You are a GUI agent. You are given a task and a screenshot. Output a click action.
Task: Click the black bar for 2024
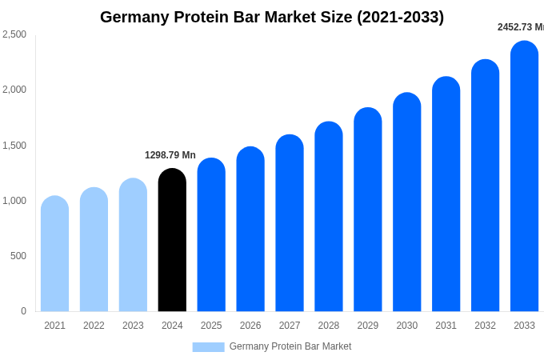(172, 240)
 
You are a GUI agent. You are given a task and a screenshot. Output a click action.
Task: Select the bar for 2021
(54, 254)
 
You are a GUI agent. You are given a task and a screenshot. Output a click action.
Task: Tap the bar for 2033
(524, 176)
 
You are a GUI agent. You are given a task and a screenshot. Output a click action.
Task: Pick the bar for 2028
(329, 216)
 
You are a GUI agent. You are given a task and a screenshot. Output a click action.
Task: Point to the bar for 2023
(133, 245)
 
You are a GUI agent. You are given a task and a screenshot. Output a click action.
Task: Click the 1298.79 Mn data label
(170, 155)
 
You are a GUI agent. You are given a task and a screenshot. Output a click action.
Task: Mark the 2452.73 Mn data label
(521, 27)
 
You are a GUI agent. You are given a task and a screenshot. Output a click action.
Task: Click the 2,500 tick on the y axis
(14, 34)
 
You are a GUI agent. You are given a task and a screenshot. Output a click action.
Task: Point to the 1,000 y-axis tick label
(14, 201)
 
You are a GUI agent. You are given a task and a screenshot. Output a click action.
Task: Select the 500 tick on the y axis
(18, 256)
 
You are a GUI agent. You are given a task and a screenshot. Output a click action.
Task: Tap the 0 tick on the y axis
(23, 311)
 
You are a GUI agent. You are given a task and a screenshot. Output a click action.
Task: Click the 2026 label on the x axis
(250, 326)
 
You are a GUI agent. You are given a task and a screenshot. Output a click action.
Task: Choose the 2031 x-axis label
(446, 326)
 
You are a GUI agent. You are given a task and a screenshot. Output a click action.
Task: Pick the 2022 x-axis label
(94, 326)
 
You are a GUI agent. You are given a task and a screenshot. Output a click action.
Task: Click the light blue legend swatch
(208, 347)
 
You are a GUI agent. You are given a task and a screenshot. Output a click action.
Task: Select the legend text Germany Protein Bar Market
(290, 346)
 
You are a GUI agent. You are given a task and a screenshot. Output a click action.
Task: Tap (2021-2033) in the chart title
(400, 17)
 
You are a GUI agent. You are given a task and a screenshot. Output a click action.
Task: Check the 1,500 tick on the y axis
(14, 146)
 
